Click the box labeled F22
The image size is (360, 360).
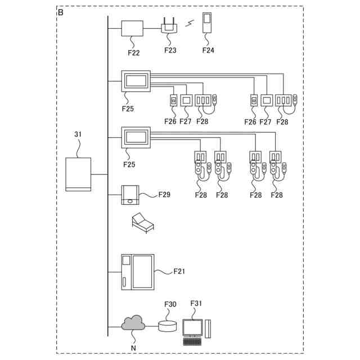[133, 28]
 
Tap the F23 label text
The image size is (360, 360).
[170, 50]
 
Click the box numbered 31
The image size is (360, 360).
[78, 175]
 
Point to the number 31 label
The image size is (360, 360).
[78, 134]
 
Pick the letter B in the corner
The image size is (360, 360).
[60, 11]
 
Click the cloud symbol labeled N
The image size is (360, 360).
[133, 323]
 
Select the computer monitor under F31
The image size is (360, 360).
[193, 327]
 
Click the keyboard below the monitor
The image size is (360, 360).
[193, 341]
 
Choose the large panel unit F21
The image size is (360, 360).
[137, 272]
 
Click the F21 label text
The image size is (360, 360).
[179, 272]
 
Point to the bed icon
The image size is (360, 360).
[142, 222]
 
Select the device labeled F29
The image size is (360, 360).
[130, 195]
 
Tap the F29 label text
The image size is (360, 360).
[164, 194]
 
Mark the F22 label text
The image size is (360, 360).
[133, 53]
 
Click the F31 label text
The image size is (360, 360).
[196, 304]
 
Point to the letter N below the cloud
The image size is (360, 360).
[133, 348]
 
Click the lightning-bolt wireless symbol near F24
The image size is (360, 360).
[190, 24]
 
